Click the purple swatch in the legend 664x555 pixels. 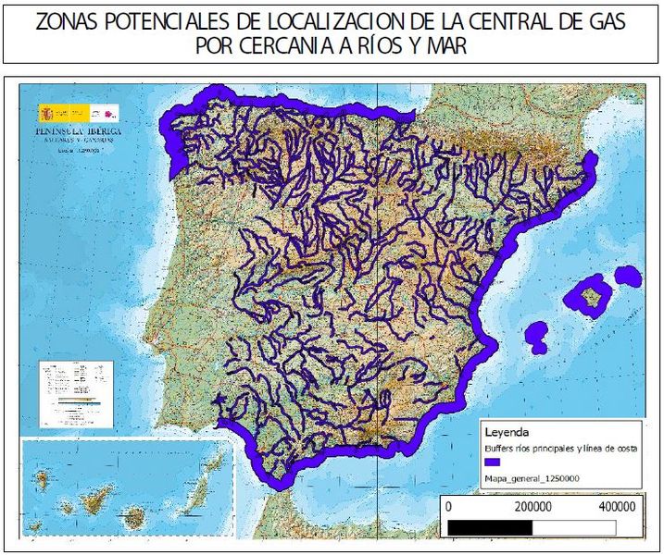pyautogui.click(x=493, y=461)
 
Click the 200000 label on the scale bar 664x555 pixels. pyautogui.click(x=533, y=507)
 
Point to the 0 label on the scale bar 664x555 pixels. pyautogui.click(x=449, y=507)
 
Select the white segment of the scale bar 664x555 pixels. pyautogui.click(x=573, y=526)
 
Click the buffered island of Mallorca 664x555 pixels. pyautogui.click(x=589, y=295)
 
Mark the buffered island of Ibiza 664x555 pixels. pyautogui.click(x=536, y=335)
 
